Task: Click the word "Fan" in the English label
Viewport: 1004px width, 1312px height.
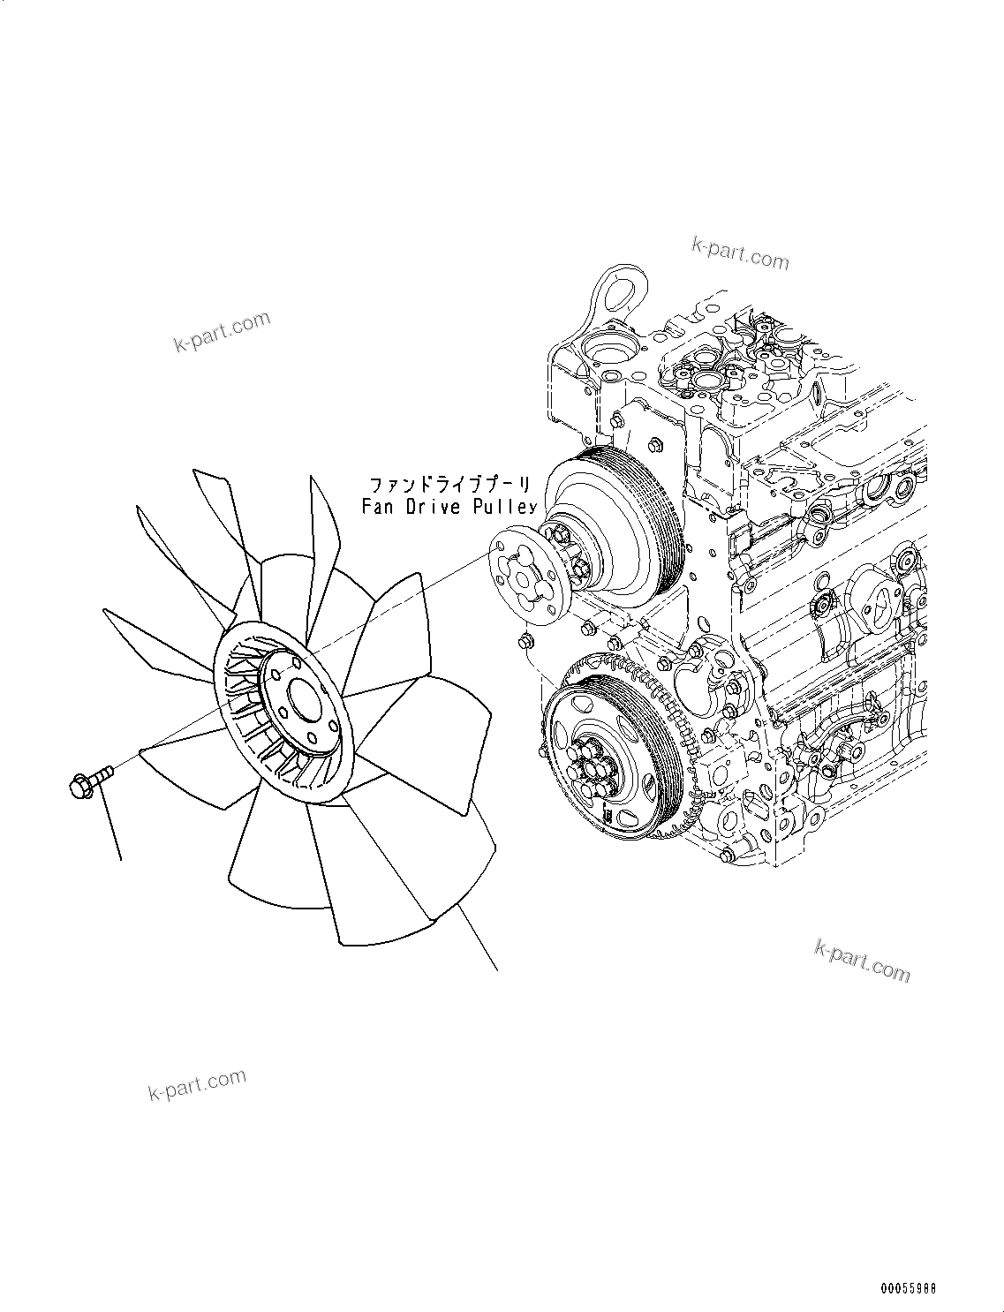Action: click(x=378, y=507)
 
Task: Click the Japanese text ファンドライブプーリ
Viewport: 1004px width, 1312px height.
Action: click(x=449, y=485)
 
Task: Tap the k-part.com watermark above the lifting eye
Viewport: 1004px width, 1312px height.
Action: click(x=740, y=254)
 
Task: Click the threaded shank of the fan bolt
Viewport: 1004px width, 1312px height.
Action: click(x=104, y=773)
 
